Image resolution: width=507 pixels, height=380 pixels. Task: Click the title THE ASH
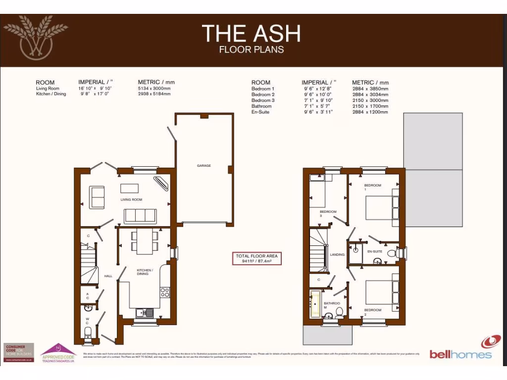pyautogui.click(x=251, y=33)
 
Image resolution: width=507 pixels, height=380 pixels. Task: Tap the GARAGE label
pyautogui.click(x=204, y=166)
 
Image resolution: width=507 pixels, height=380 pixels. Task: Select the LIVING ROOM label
pyautogui.click(x=131, y=200)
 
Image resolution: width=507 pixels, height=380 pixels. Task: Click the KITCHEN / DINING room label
pyautogui.click(x=145, y=272)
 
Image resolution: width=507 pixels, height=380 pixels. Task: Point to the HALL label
pyautogui.click(x=108, y=276)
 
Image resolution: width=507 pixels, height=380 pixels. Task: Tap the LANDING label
pyautogui.click(x=337, y=255)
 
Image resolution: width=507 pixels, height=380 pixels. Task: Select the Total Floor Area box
pyautogui.click(x=257, y=258)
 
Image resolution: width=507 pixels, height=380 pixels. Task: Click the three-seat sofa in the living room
pyautogui.click(x=140, y=215)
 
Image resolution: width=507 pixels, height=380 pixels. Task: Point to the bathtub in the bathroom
pyautogui.click(x=315, y=304)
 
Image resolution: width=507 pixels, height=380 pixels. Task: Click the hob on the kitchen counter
pyautogui.click(x=165, y=292)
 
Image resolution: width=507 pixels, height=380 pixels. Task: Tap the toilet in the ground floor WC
pyautogui.click(x=88, y=332)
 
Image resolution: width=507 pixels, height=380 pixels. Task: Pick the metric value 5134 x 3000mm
pyautogui.click(x=154, y=88)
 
